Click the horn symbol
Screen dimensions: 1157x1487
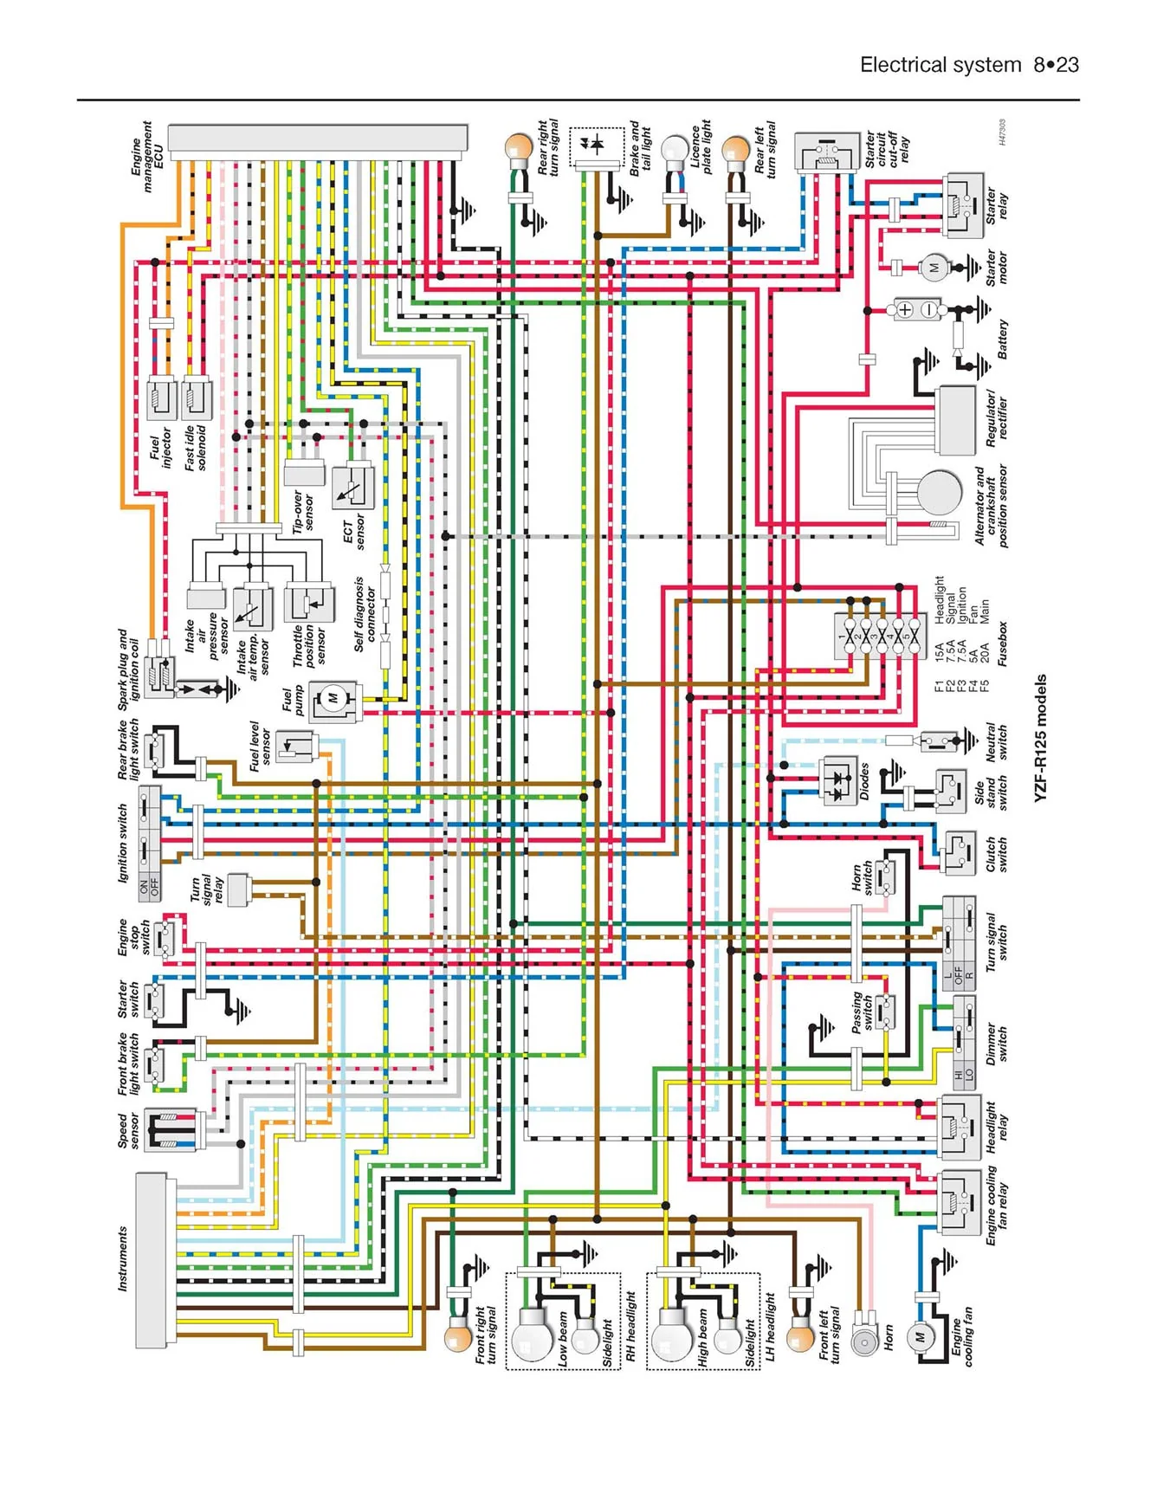coord(863,1341)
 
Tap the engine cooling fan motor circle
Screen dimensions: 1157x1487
coord(920,1337)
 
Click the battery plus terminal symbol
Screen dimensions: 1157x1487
coord(904,309)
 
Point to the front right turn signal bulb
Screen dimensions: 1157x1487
coord(458,1338)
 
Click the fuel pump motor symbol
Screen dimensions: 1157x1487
coord(333,697)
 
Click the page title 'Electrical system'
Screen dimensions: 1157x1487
coord(940,65)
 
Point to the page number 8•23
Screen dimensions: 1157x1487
coord(1056,65)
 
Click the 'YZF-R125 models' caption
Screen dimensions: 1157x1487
coord(1041,738)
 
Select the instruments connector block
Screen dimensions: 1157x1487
coord(152,1261)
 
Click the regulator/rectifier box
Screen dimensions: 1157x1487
coord(956,421)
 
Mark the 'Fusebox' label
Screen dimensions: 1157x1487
coord(1002,643)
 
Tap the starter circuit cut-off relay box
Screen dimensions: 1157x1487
coord(827,153)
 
